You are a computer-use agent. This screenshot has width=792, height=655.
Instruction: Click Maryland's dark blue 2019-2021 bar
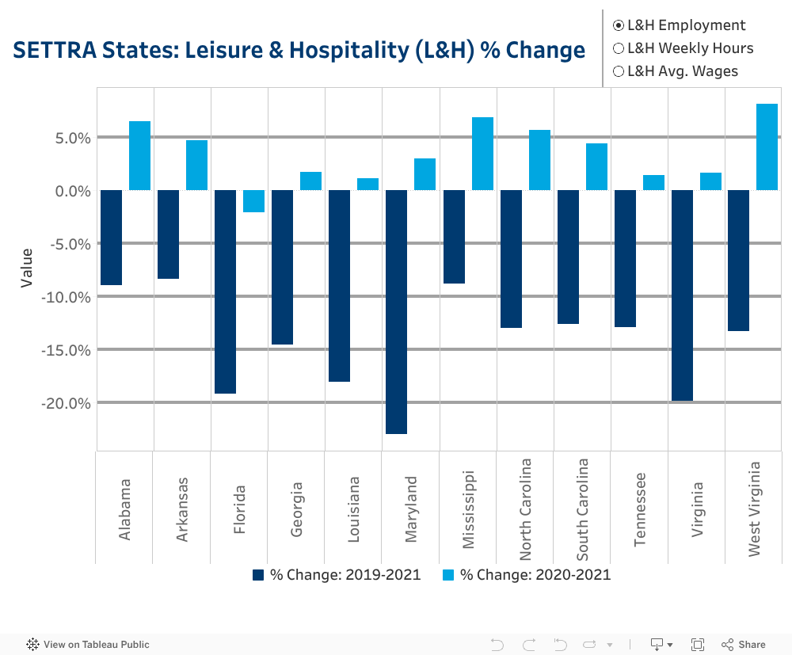[x=396, y=311]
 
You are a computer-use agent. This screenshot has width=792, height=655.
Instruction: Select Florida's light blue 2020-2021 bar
[x=253, y=201]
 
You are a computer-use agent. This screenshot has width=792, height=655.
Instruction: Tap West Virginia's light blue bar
[x=767, y=147]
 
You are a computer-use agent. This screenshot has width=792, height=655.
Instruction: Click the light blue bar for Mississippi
[x=482, y=154]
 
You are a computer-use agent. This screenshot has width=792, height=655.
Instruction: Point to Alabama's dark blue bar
[x=111, y=237]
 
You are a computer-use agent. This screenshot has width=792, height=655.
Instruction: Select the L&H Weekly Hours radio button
[x=619, y=48]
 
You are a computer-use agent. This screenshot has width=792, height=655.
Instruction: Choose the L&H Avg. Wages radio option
[x=619, y=71]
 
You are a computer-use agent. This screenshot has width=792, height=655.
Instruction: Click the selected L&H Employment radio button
[x=619, y=25]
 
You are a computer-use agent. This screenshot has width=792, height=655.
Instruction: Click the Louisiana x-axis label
[x=353, y=508]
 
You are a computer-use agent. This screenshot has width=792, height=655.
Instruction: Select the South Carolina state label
[x=581, y=508]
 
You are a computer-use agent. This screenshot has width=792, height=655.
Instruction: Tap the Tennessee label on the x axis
[x=639, y=508]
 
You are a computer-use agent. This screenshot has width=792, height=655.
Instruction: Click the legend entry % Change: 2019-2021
[x=337, y=575]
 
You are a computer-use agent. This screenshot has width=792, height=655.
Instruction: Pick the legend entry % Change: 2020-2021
[x=527, y=575]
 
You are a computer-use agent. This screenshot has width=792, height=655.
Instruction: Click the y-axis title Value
[x=27, y=268]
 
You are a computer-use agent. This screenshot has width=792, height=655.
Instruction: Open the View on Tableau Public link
[x=88, y=645]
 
